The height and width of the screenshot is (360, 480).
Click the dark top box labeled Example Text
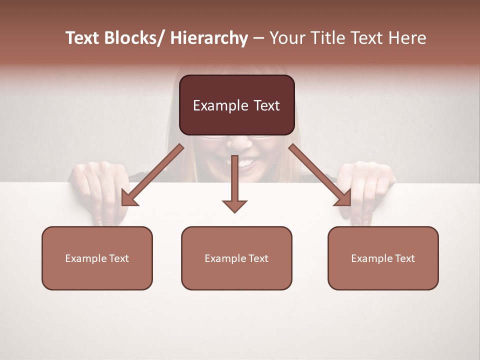coord(236,105)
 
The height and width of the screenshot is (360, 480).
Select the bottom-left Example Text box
coord(97,258)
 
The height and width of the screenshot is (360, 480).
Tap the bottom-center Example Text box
coord(236,258)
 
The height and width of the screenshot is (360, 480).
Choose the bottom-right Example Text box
coord(383,258)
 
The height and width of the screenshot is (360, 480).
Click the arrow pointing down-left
coord(152,175)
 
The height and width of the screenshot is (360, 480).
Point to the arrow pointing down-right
coord(320,175)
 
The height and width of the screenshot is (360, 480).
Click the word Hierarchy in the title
coord(209,38)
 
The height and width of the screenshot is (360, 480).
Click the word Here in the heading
coord(408,38)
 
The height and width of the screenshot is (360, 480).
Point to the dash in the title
coord(258,39)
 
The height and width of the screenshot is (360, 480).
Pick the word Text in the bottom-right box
coord(404,258)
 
